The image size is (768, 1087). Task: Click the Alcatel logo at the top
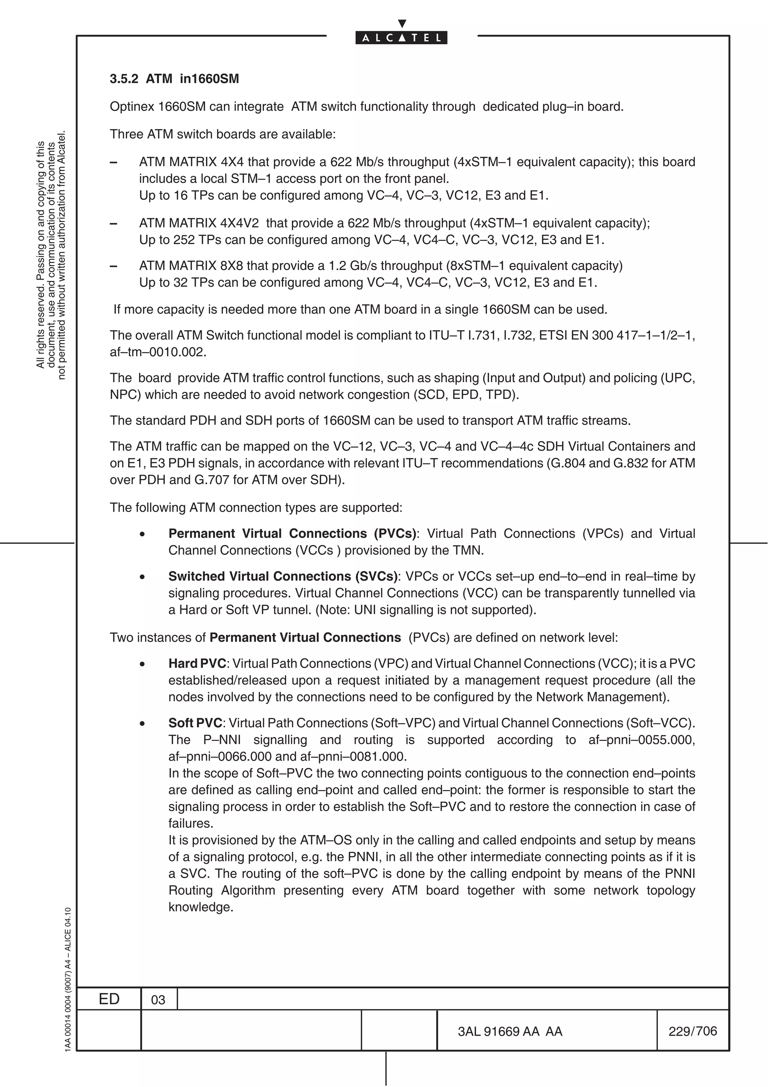coord(401,37)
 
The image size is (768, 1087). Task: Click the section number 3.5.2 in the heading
coord(124,79)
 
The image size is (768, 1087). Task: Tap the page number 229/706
coord(692,1031)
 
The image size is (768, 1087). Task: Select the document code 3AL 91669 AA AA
coord(510,1031)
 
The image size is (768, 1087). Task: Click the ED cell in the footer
coord(109,999)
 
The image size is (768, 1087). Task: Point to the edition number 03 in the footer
coord(158,1000)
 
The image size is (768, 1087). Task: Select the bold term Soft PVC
coord(195,723)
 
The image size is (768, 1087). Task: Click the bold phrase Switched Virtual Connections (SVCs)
coord(282,576)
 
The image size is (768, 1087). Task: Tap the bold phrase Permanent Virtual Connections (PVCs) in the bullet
coord(292,533)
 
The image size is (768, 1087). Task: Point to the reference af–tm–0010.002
coord(157,352)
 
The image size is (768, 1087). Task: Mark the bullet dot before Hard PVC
coord(142,664)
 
